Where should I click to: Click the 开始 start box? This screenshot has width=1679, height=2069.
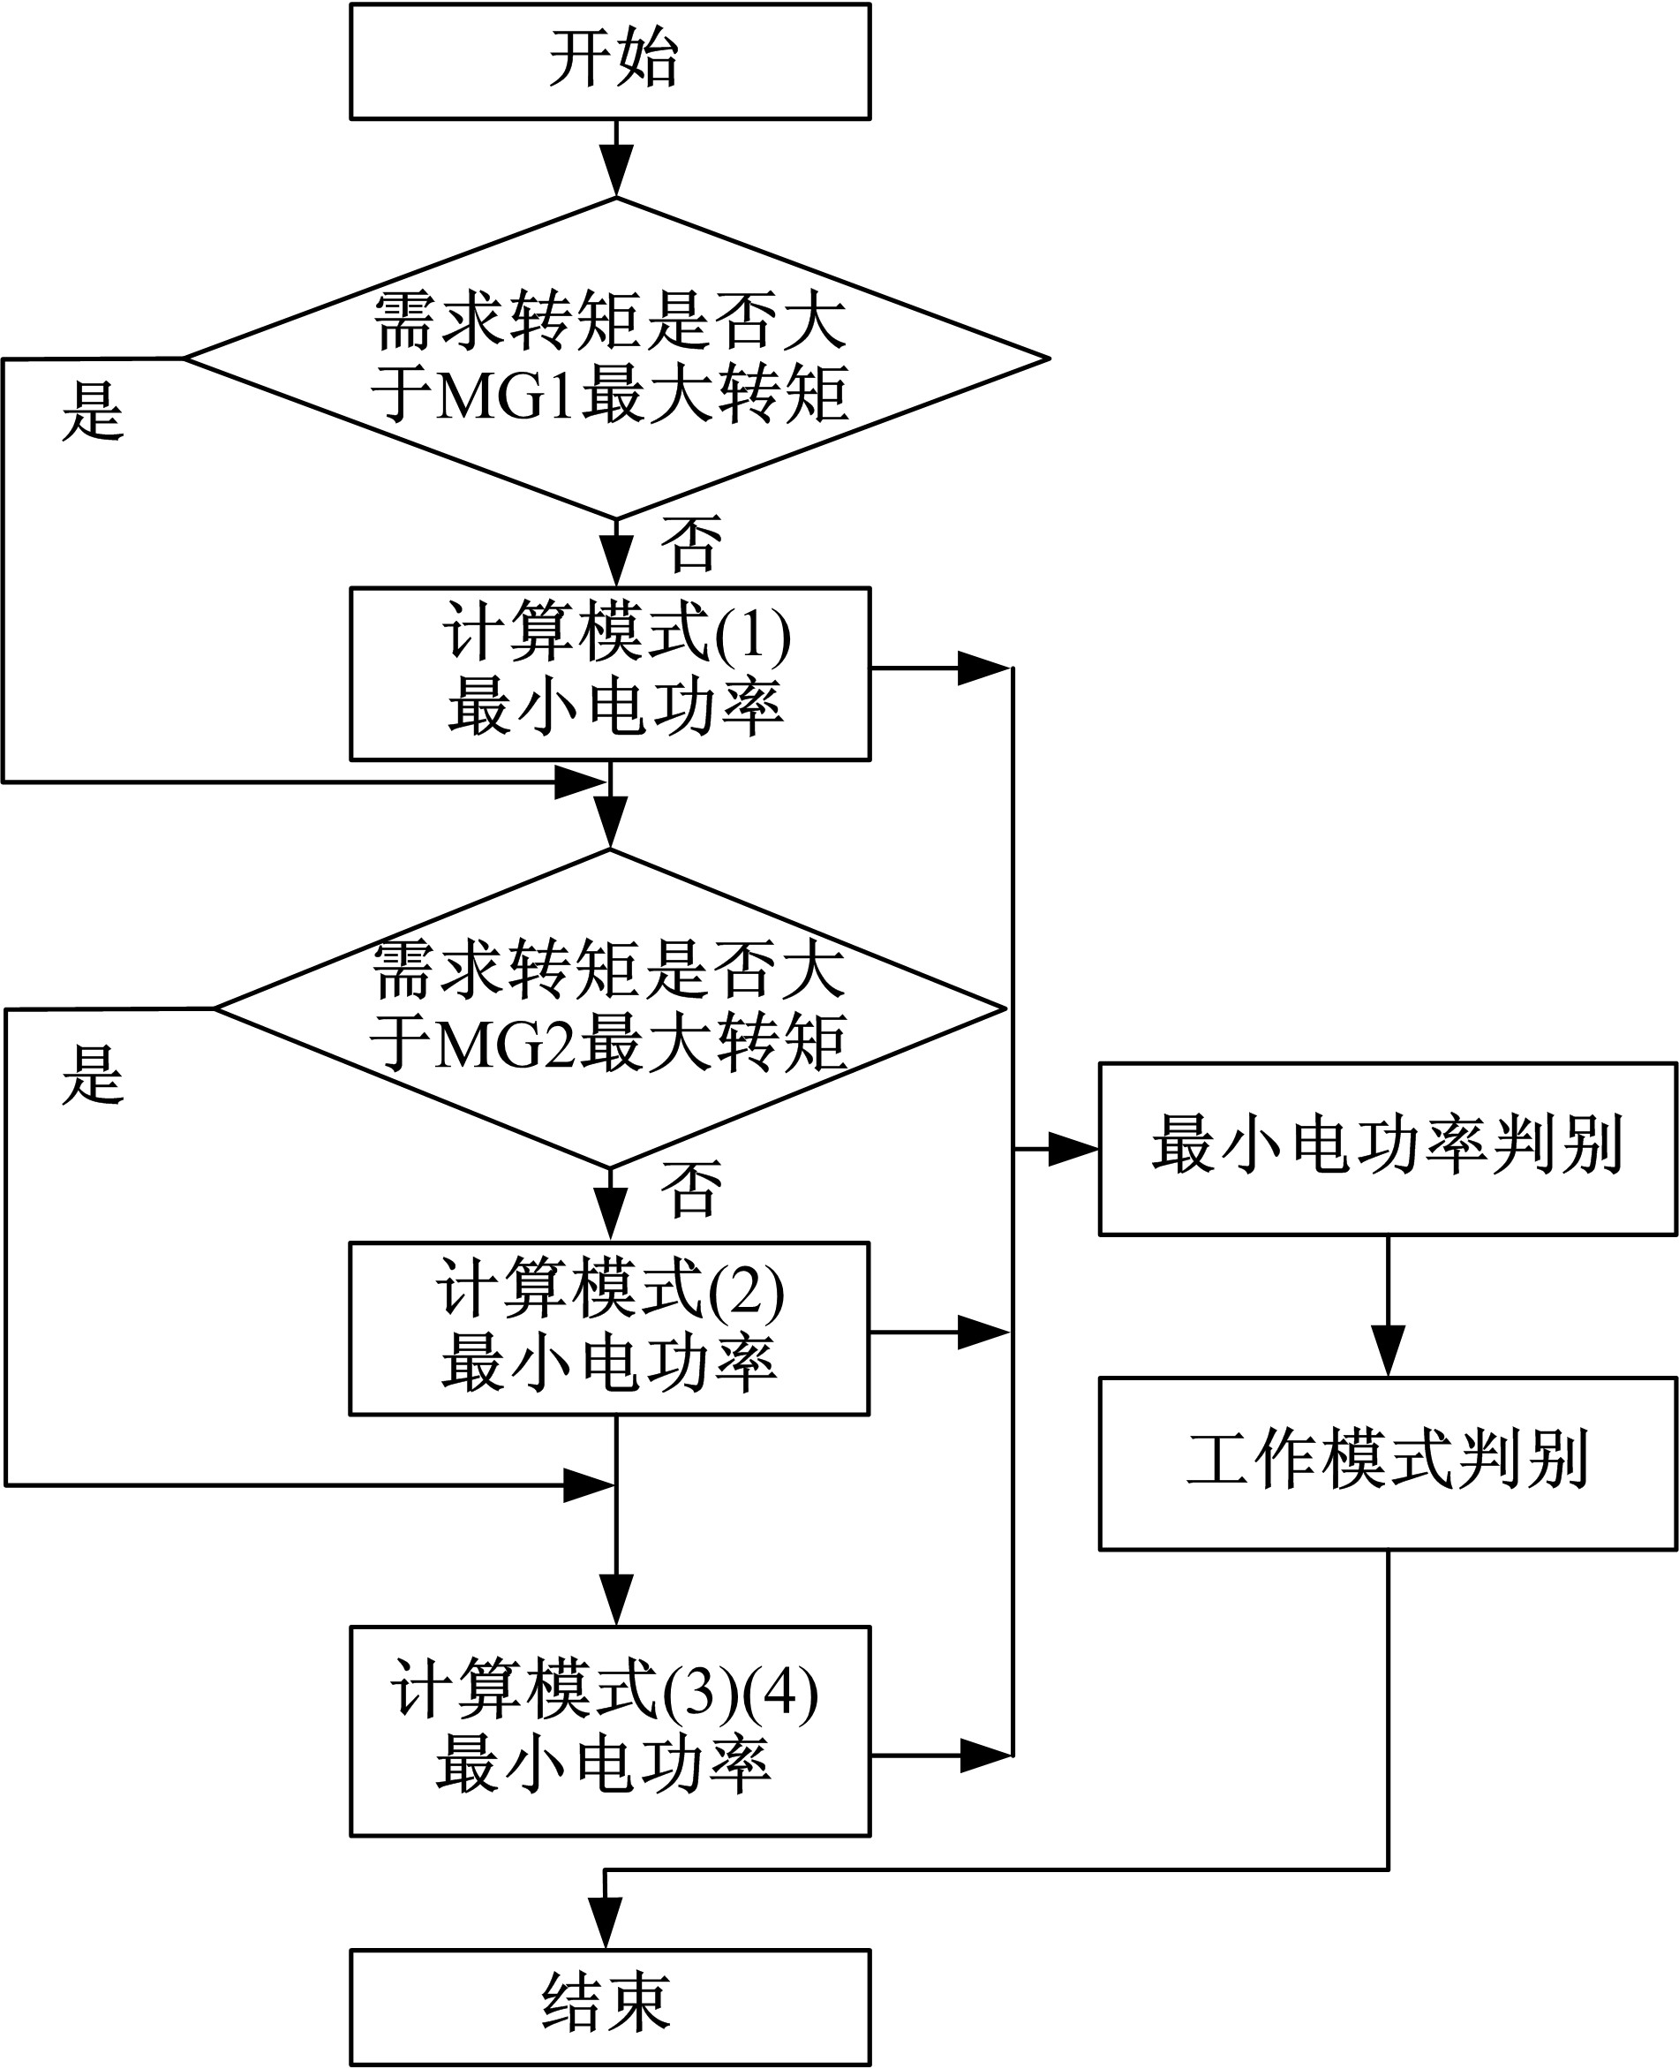(610, 61)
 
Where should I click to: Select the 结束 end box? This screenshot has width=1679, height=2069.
(610, 2005)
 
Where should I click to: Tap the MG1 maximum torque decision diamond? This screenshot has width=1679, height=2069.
(616, 358)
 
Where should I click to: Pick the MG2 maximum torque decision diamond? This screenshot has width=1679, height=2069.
(609, 1008)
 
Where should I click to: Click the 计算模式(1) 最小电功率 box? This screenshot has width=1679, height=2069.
(610, 673)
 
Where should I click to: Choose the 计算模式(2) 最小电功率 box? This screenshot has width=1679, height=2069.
(609, 1328)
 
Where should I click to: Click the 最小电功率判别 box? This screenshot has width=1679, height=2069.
(1387, 1149)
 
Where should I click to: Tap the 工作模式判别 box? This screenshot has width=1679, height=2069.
(1387, 1463)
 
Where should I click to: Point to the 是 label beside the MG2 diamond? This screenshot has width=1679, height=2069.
(93, 1075)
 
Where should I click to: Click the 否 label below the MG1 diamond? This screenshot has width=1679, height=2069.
(691, 544)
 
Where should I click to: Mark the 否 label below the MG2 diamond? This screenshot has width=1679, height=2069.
(691, 1189)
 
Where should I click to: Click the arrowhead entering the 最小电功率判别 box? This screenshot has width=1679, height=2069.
(1073, 1149)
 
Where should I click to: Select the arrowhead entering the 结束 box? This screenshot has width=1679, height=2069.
(606, 1924)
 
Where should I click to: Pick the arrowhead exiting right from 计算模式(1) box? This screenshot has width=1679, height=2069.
(982, 668)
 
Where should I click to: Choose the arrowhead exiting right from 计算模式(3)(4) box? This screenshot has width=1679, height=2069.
(983, 1755)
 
